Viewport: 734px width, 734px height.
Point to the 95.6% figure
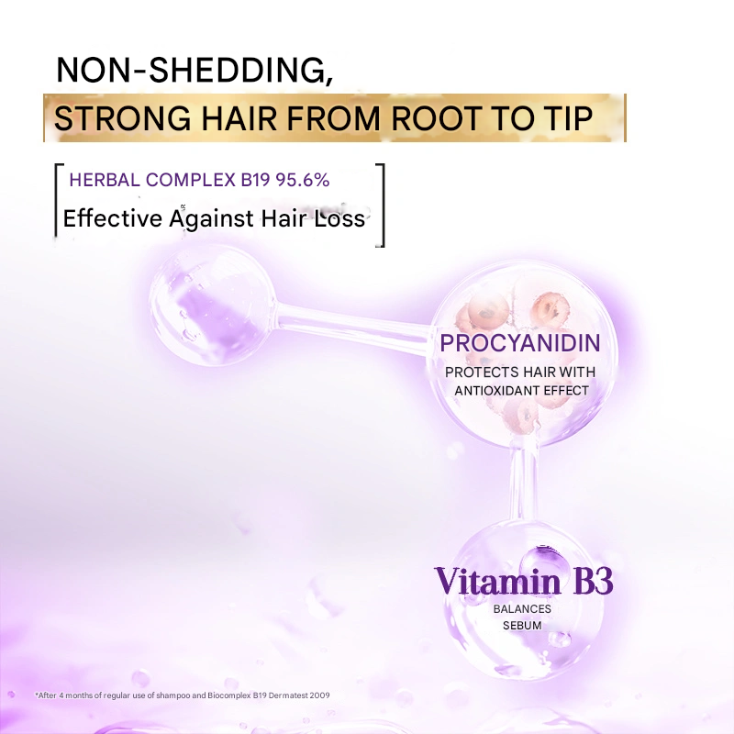coord(302,181)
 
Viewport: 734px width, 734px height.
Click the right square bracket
coord(381,205)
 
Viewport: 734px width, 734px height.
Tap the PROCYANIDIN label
coord(519,344)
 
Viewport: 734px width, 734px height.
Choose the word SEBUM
coord(522,626)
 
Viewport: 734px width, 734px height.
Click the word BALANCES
coord(522,608)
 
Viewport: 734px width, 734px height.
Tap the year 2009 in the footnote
coord(317,695)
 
